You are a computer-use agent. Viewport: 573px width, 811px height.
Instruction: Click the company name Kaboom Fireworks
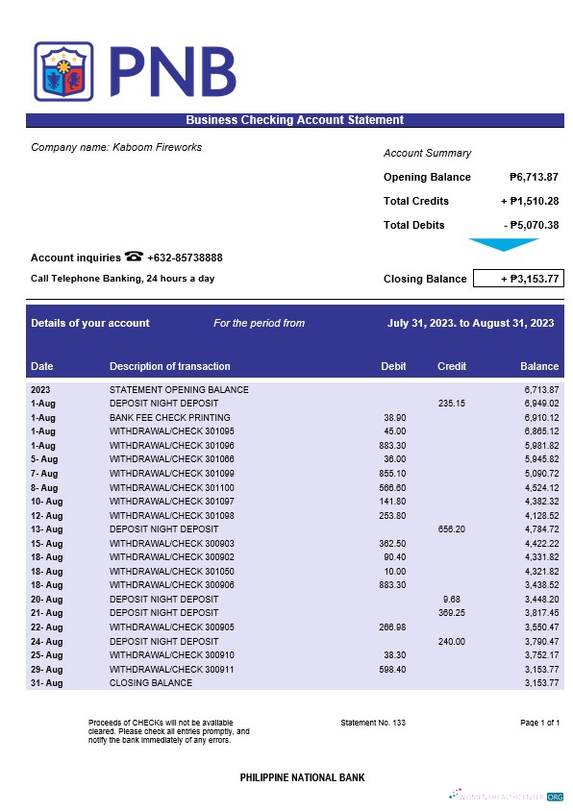pyautogui.click(x=116, y=147)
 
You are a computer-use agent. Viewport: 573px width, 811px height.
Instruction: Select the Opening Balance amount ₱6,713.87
pyautogui.click(x=534, y=177)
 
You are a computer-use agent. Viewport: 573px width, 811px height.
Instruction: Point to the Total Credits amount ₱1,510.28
pyautogui.click(x=530, y=201)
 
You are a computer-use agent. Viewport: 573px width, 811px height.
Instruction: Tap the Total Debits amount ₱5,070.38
pyautogui.click(x=531, y=225)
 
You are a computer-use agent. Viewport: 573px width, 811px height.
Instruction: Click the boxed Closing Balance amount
pyautogui.click(x=517, y=279)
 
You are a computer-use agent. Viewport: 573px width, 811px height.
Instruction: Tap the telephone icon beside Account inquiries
pyautogui.click(x=134, y=257)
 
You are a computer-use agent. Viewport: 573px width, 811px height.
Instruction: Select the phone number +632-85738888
pyautogui.click(x=185, y=258)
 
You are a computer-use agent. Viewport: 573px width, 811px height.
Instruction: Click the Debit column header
pyautogui.click(x=393, y=366)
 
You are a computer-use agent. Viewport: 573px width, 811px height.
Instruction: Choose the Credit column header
pyautogui.click(x=452, y=366)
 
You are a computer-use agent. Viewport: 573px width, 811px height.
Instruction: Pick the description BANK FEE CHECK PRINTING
pyautogui.click(x=170, y=418)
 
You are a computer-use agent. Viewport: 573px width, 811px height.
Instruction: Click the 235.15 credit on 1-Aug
pyautogui.click(x=451, y=404)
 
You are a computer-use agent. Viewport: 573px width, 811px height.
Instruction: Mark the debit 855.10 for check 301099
pyautogui.click(x=392, y=474)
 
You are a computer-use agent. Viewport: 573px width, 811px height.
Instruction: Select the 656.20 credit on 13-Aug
pyautogui.click(x=451, y=529)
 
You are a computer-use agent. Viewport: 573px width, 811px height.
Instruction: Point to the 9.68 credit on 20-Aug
pyautogui.click(x=456, y=599)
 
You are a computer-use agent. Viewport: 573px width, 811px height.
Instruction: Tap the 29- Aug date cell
pyautogui.click(x=46, y=669)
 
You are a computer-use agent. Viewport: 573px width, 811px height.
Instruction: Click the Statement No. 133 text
pyautogui.click(x=373, y=722)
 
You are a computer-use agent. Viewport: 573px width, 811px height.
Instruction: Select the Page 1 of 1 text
pyautogui.click(x=539, y=722)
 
